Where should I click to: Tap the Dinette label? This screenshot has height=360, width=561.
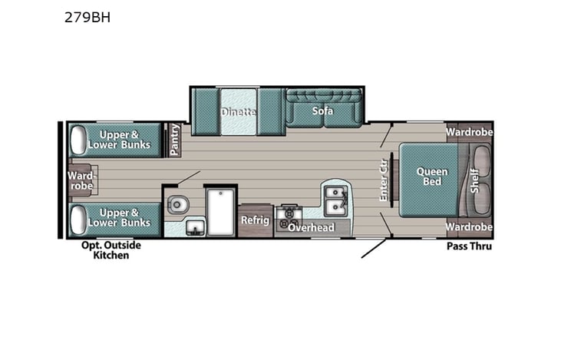237,112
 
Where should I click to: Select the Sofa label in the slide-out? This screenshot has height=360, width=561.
322,111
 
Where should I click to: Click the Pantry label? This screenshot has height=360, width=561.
175,140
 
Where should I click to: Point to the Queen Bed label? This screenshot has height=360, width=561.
432,177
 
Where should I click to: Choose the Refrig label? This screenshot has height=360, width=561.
254,220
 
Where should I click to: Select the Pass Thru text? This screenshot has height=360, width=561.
469,246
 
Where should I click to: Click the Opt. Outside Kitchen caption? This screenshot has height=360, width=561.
111,250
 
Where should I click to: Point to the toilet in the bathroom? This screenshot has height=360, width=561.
177,205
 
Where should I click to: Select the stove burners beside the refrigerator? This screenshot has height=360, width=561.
290,217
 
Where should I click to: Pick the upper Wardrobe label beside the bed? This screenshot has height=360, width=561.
469,131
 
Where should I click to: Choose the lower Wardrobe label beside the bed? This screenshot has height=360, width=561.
469,227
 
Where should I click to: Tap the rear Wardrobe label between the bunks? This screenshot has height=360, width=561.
80,180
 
